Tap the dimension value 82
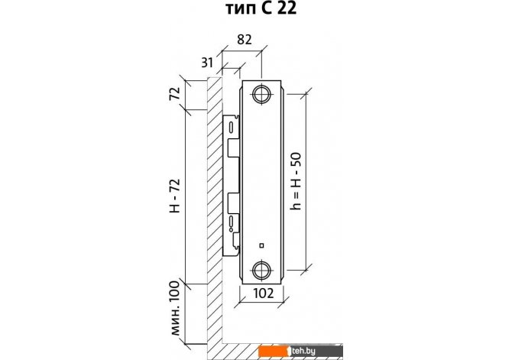pos(245,40)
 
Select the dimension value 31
pos(207,62)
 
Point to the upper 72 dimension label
pos(175,94)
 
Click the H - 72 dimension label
pos(175,196)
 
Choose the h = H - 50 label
pos(297,181)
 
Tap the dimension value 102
pos(263,294)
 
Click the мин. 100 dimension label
pos(175,308)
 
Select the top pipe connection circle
pos(261,95)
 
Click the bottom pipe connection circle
pos(261,270)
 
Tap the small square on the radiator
pos(261,245)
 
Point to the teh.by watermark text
pos(303,351)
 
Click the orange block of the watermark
pos(273,351)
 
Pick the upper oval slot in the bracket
pos(232,128)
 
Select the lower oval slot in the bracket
pos(232,221)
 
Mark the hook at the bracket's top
pos(237,116)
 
